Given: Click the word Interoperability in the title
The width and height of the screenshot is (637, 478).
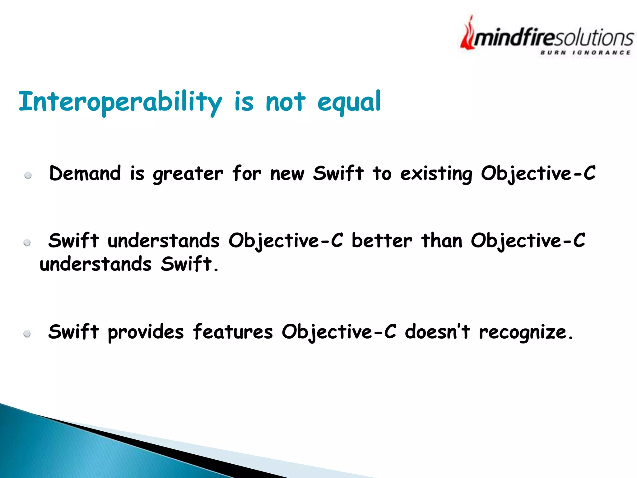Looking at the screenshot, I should tap(120, 102).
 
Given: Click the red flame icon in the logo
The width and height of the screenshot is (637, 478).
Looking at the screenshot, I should tap(467, 34).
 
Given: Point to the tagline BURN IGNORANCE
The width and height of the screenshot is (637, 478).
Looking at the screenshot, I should tap(585, 53).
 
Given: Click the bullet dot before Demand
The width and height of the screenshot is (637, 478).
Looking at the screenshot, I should tap(28, 176).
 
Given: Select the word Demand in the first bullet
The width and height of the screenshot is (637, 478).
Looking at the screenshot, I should tap(85, 173).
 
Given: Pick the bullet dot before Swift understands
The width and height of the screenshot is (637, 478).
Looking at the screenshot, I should tap(27, 243).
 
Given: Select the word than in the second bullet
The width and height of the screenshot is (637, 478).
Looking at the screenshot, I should tap(442, 241).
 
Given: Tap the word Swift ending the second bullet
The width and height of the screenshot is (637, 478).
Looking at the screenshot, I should tap(186, 264).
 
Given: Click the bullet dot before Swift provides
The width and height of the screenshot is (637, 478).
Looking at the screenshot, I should tap(27, 334).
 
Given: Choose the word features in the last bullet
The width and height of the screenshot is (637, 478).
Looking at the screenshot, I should tap(233, 332).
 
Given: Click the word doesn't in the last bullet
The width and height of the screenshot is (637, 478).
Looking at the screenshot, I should tap(437, 332).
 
